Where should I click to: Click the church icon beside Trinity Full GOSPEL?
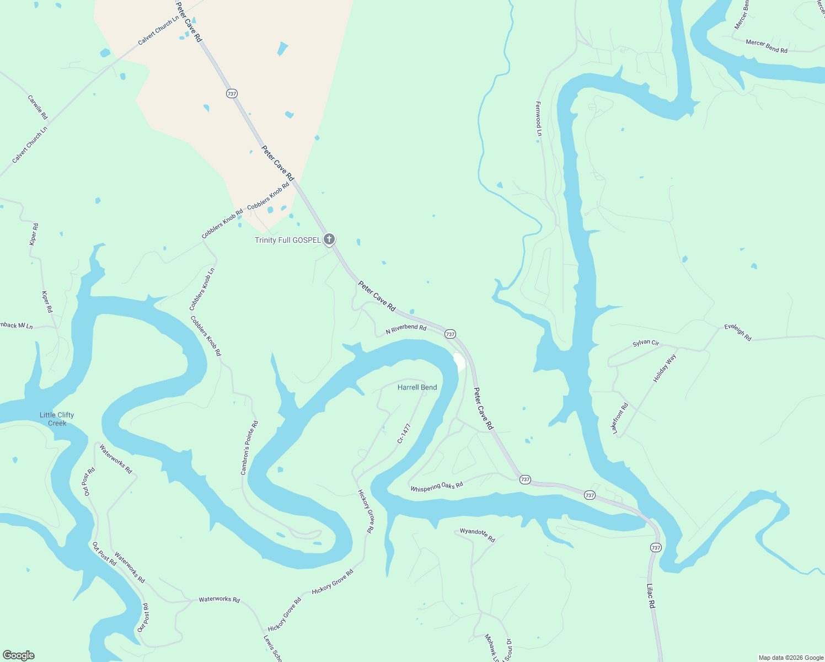329,239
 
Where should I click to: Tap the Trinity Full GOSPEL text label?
287,240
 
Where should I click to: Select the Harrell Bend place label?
417,387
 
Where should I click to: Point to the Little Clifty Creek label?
57,419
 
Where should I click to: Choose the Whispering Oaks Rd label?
436,486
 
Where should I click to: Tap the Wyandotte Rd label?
478,535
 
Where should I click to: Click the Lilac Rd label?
651,596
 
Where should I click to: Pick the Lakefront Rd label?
620,418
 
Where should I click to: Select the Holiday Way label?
665,369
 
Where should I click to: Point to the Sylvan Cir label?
646,343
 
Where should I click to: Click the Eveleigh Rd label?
738,333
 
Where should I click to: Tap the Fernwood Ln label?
538,118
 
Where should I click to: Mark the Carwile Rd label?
37,108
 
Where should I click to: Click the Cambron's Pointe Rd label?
249,448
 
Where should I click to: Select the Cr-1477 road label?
404,434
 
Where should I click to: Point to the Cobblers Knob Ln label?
202,289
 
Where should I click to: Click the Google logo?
19,655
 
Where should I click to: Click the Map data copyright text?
790,658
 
